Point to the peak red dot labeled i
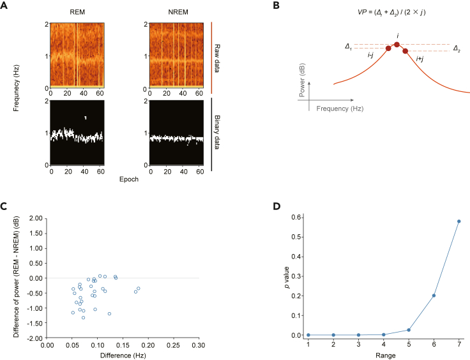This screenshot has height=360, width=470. (x=397, y=45)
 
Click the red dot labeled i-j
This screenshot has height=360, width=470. (x=388, y=49)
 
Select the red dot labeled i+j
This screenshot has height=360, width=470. (x=405, y=51)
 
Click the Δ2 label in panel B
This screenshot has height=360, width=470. (x=457, y=49)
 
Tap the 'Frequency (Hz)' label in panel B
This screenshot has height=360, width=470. (x=339, y=109)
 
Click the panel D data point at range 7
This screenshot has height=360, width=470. (x=459, y=221)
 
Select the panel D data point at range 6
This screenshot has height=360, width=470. (x=434, y=296)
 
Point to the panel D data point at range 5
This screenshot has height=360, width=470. (x=409, y=330)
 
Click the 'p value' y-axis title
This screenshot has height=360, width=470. (x=285, y=275)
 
